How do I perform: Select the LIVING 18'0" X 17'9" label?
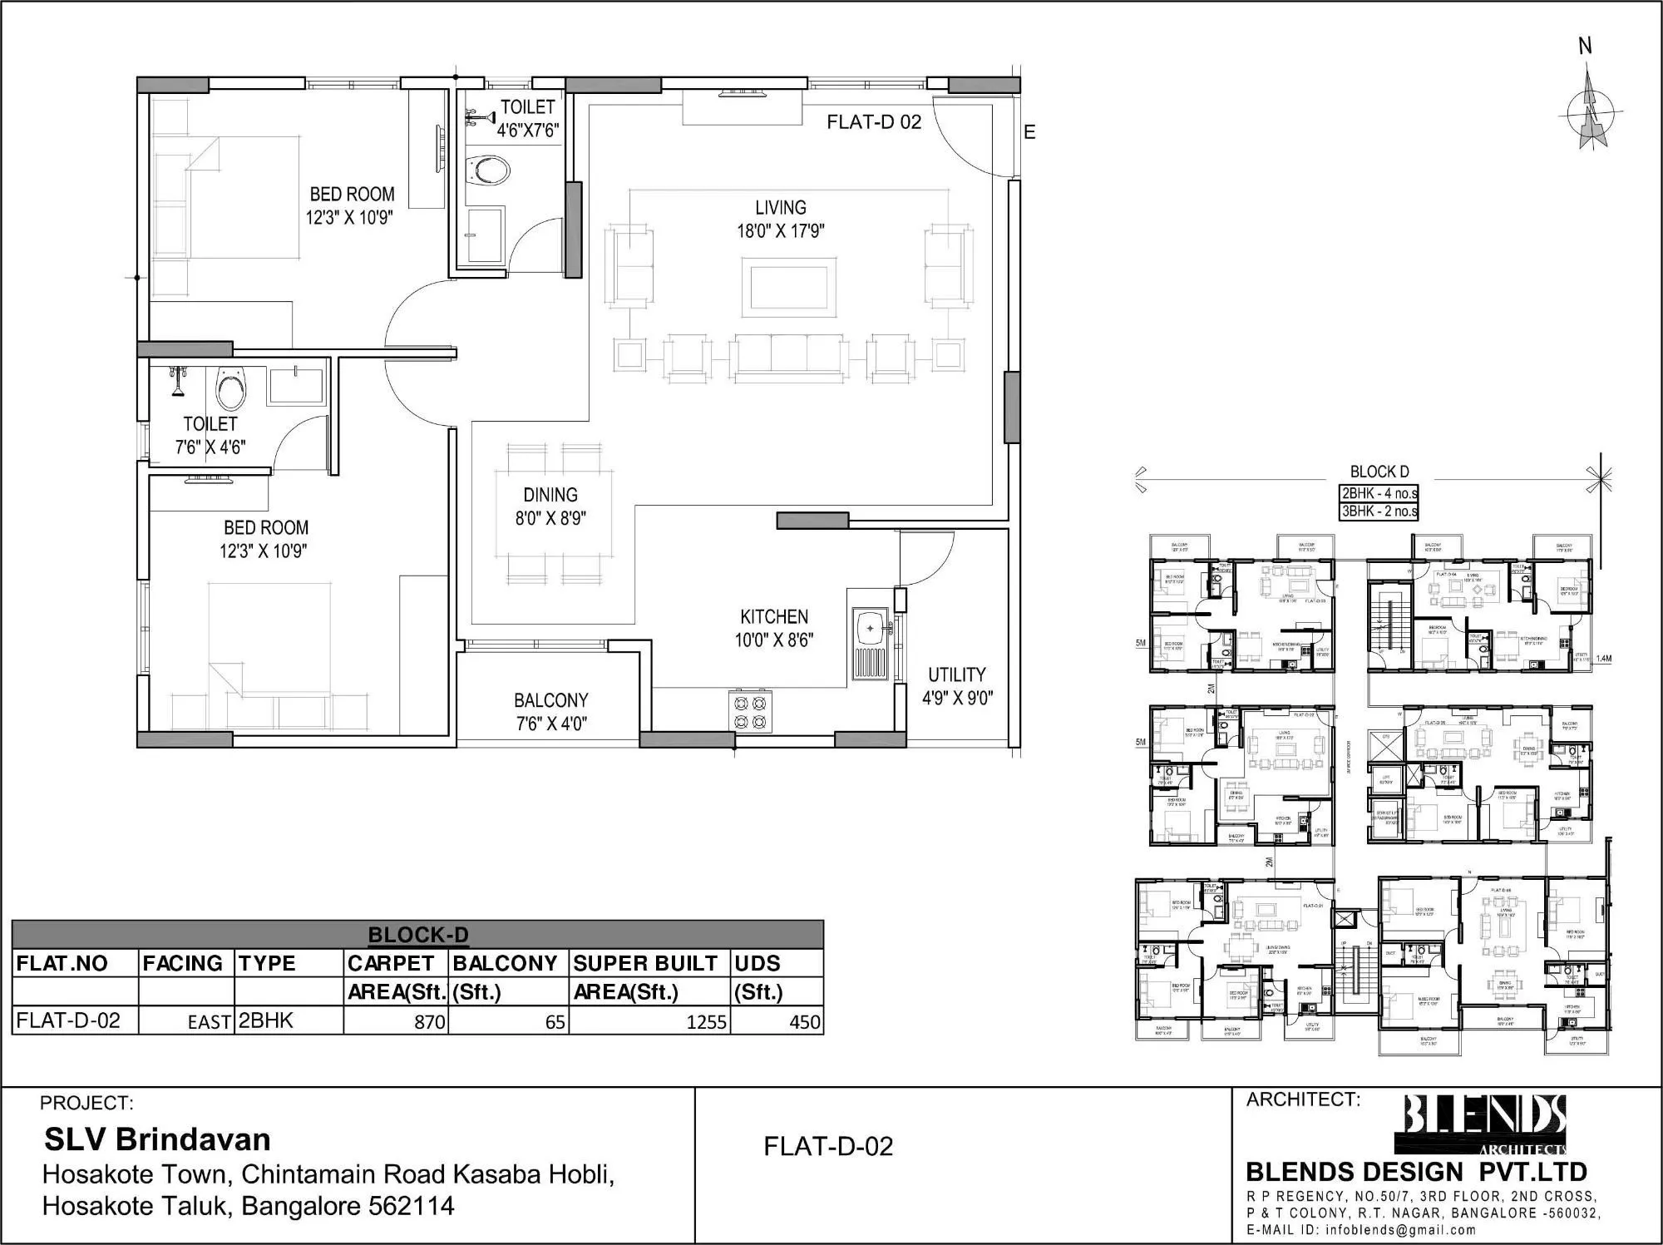(x=780, y=219)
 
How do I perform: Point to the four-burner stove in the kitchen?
(x=749, y=712)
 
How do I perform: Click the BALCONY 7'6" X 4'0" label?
(x=550, y=712)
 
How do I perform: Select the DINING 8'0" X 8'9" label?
(x=550, y=506)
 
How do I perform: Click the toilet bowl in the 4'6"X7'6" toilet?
(x=489, y=170)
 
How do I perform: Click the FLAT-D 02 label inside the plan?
(x=874, y=122)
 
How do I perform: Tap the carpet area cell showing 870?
(x=429, y=1021)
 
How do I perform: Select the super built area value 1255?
(x=706, y=1021)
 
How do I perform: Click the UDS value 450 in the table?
(x=804, y=1021)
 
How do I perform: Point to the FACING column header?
(x=183, y=963)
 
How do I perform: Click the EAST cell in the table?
(x=209, y=1022)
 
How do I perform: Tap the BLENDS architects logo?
(x=1485, y=1124)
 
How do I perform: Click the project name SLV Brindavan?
(x=157, y=1139)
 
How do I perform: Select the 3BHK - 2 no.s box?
(x=1379, y=511)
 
